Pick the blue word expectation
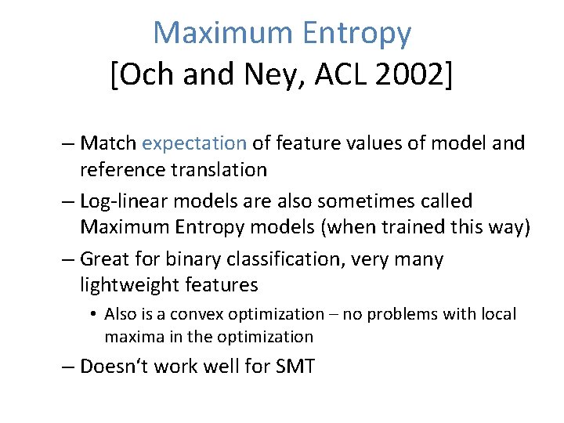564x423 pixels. [194, 143]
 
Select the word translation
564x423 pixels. [228, 169]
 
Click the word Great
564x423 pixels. [107, 259]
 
